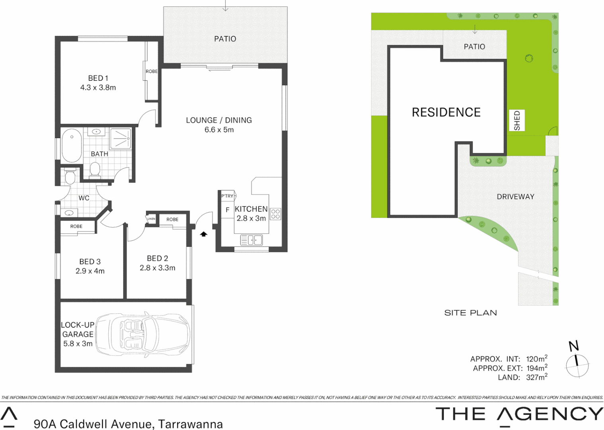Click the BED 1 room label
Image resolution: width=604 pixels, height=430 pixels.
click(98, 78)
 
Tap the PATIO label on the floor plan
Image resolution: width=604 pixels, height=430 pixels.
click(225, 39)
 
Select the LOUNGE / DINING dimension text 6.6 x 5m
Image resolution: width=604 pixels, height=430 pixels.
click(219, 130)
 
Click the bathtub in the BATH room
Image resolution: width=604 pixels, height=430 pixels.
click(72, 145)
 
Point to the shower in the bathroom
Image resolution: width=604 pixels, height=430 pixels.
click(120, 139)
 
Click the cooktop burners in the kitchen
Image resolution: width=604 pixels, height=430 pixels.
click(276, 214)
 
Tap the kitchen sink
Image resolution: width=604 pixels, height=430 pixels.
click(251, 240)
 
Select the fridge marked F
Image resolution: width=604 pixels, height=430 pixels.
click(227, 210)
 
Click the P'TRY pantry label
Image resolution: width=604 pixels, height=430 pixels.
click(227, 196)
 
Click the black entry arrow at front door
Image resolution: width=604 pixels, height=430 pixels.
click(203, 234)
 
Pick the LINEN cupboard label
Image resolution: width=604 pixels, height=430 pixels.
click(151, 219)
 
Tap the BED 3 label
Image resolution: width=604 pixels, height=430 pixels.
click(90, 262)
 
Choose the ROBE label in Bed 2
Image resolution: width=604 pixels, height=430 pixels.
click(172, 219)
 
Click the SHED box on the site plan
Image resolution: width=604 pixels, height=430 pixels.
click(517, 120)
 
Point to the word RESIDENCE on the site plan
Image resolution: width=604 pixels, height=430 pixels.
click(446, 113)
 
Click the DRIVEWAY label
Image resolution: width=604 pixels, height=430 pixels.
click(515, 197)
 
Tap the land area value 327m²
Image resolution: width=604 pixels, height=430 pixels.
click(536, 377)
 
